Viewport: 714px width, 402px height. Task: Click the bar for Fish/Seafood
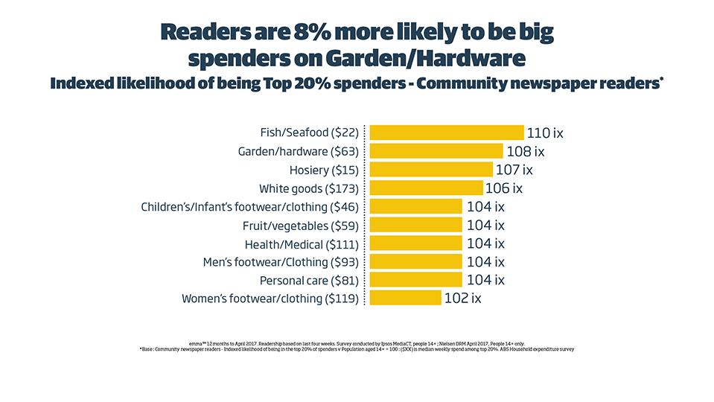[x=447, y=133]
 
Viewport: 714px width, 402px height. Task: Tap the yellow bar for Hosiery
[x=431, y=170]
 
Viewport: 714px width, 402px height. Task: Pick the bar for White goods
[x=427, y=188]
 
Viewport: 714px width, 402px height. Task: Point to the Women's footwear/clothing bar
[x=406, y=299]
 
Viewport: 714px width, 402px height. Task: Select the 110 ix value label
[x=545, y=133]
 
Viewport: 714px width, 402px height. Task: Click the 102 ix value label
[x=463, y=299]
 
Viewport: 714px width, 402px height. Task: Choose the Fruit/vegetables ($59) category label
[x=301, y=226]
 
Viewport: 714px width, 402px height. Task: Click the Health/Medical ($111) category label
[x=302, y=244]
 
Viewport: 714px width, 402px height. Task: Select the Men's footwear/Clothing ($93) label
[x=281, y=262]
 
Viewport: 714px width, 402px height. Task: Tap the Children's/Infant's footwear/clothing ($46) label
[x=249, y=207]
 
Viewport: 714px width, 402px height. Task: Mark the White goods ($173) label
[x=309, y=188]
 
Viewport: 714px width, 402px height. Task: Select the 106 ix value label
[x=504, y=188]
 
